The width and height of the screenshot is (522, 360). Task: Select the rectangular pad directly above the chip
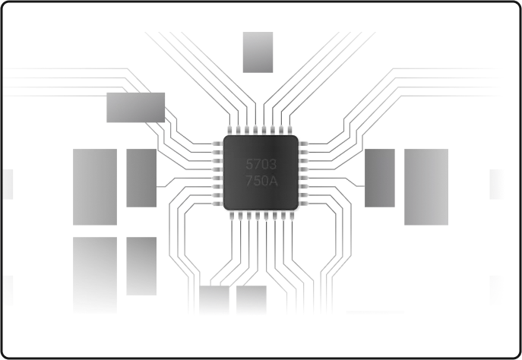point(258,52)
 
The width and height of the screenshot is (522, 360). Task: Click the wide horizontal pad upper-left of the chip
point(136,108)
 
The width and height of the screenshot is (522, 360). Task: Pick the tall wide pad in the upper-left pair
point(95,187)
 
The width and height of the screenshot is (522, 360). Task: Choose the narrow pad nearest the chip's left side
point(141,178)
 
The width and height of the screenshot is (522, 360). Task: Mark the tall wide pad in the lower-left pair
point(95,274)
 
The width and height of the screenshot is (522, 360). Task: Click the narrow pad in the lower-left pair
point(141,266)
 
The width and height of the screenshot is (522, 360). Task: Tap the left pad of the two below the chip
point(214,300)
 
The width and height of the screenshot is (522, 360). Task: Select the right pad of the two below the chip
point(252,300)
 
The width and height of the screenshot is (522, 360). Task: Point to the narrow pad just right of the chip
point(380,178)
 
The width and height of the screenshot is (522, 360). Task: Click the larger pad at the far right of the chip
point(426,187)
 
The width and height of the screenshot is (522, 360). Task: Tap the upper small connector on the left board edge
point(8,185)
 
